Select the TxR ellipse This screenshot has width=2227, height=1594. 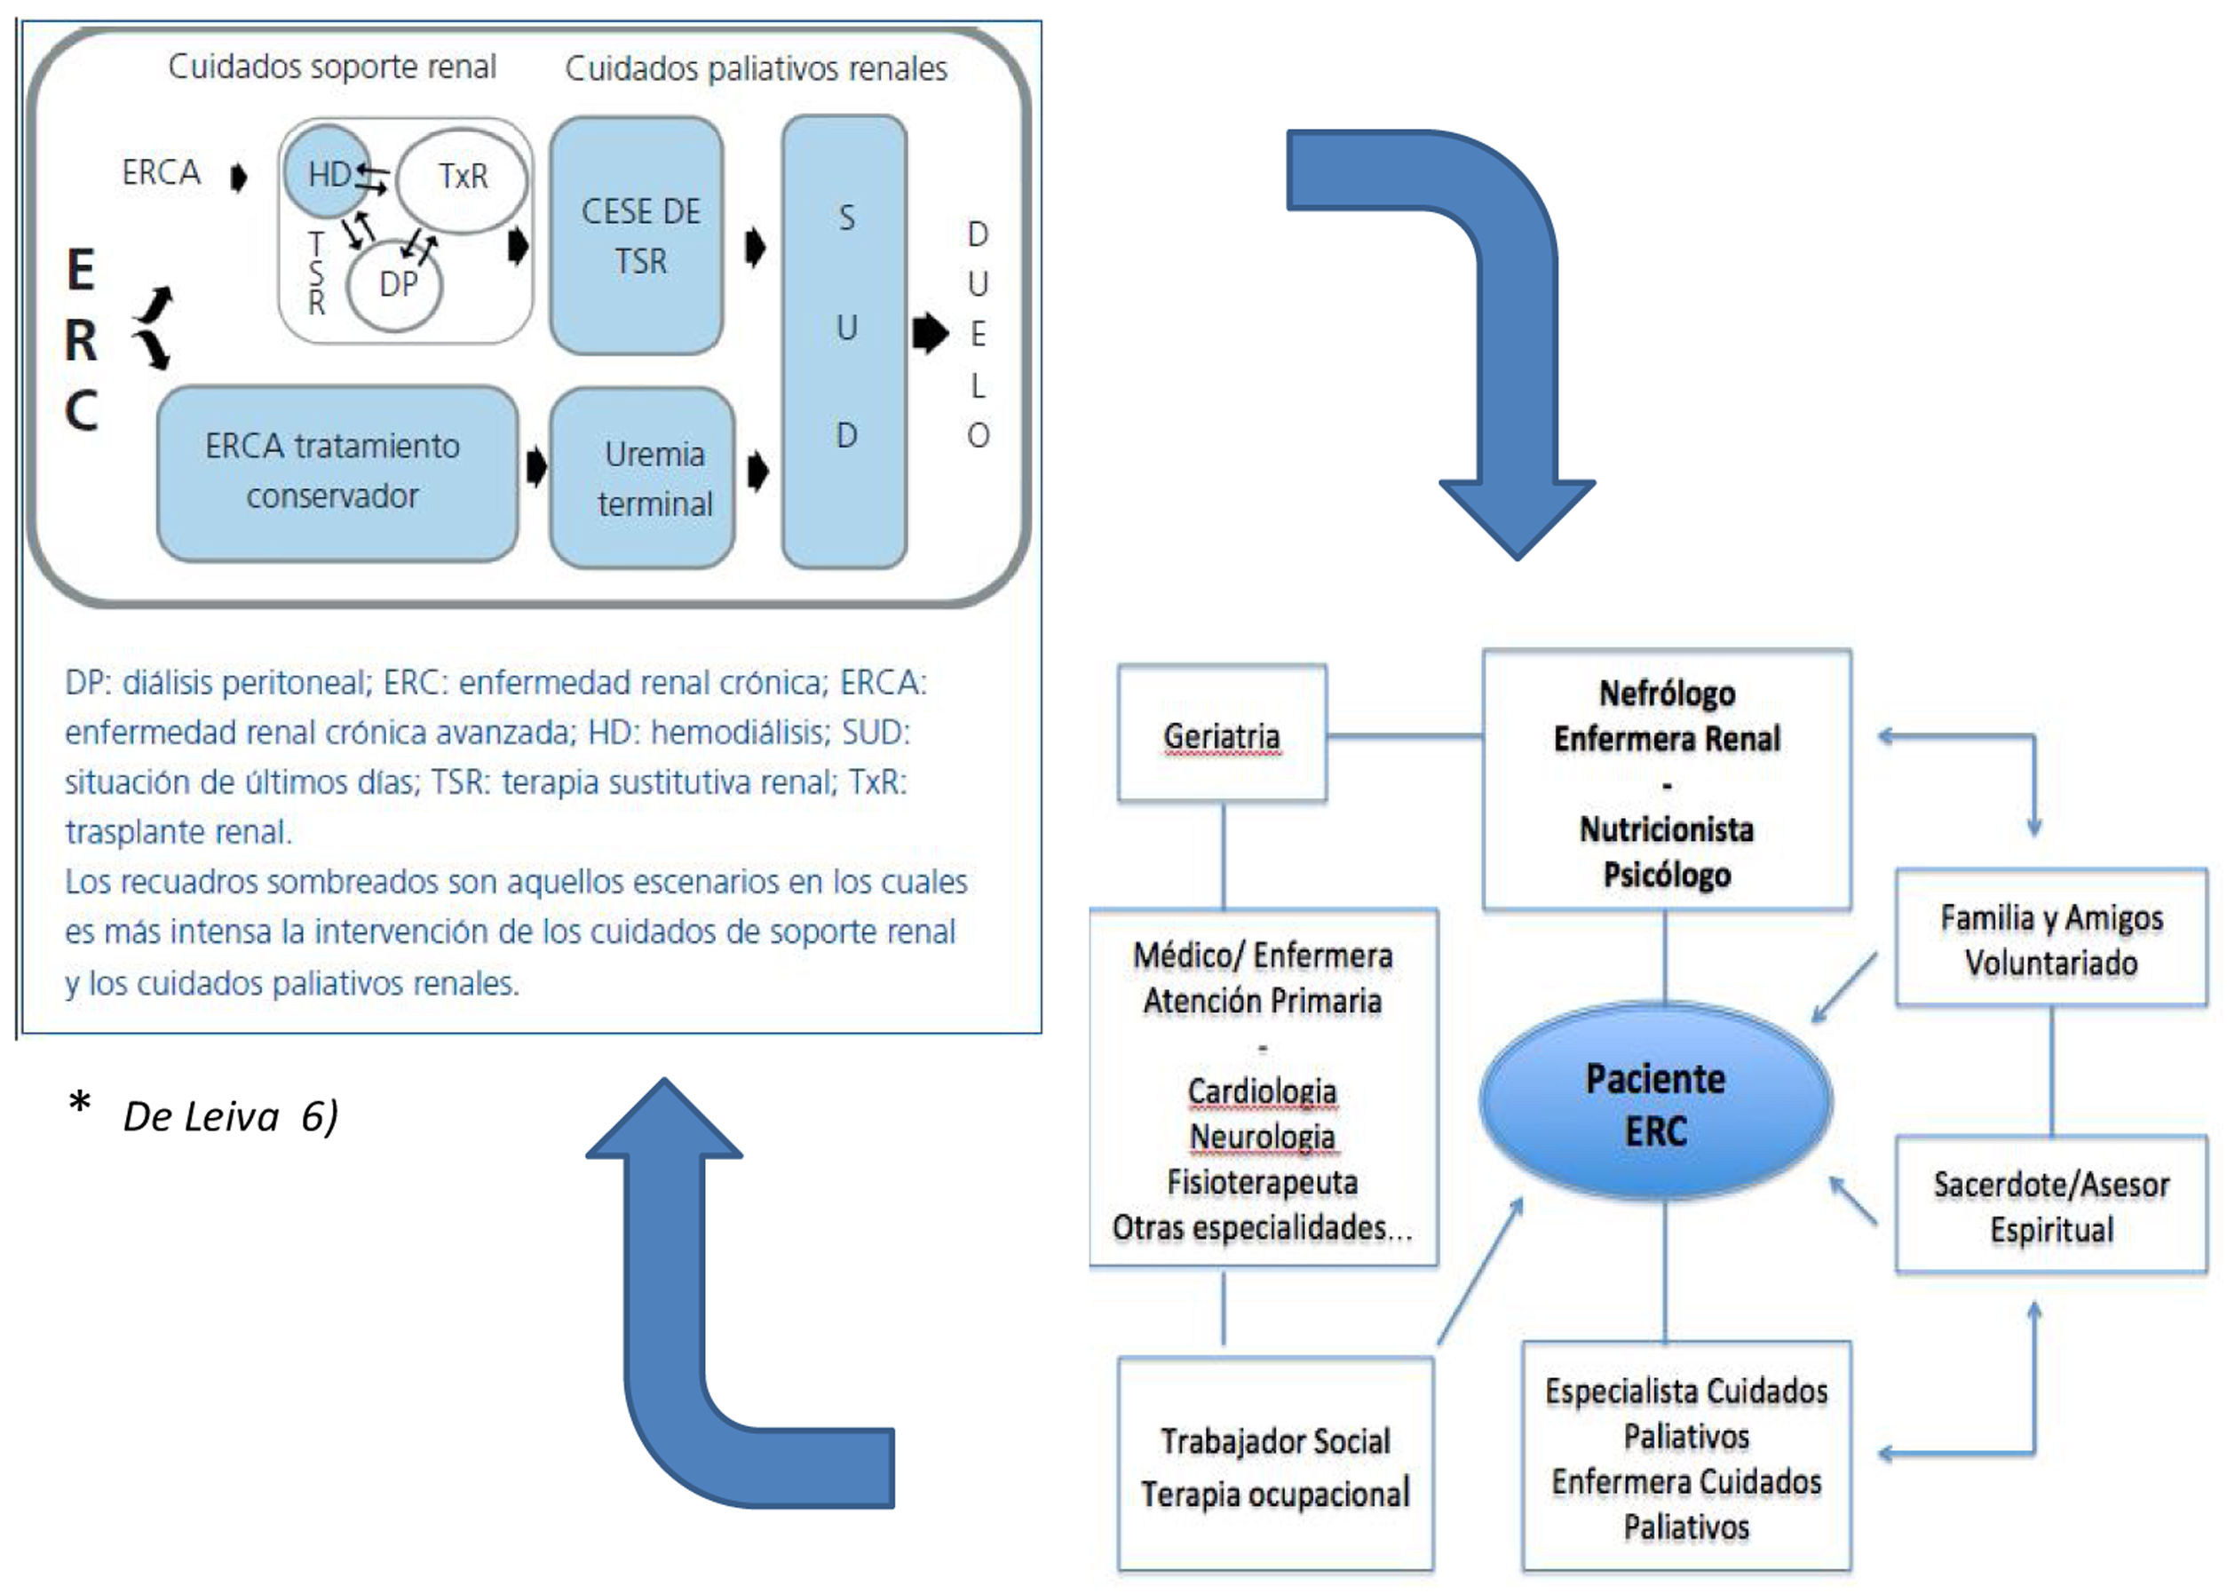click(463, 178)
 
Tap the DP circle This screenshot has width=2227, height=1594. click(395, 286)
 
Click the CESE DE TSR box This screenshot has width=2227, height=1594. click(638, 235)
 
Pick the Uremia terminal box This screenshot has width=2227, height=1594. click(643, 478)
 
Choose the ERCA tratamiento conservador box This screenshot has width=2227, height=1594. click(337, 473)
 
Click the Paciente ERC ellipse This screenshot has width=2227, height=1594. click(1655, 1103)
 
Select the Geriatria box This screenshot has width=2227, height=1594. click(1222, 735)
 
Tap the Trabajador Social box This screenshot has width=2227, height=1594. click(1275, 1465)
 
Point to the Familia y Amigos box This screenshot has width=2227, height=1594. click(2050, 940)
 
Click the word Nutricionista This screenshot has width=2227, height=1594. click(1666, 829)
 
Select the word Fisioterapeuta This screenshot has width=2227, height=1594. click(1262, 1182)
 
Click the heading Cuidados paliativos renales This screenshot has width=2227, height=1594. click(756, 68)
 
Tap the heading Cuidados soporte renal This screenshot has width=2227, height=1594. click(332, 67)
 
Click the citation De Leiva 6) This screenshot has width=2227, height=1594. click(230, 1116)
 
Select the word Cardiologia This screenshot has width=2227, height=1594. click(1262, 1090)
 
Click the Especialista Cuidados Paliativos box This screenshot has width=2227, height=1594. click(1685, 1457)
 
